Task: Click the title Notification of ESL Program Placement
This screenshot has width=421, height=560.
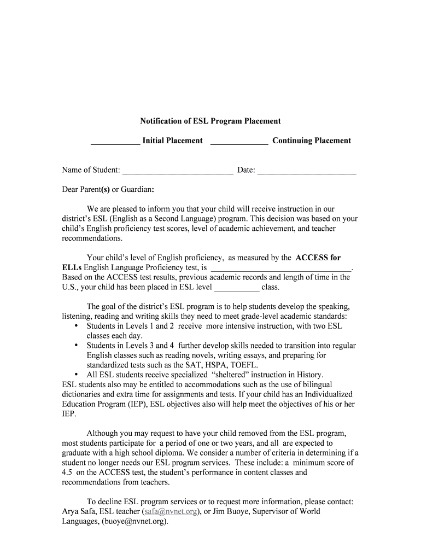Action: click(x=210, y=121)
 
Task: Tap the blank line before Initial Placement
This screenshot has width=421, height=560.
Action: click(x=115, y=144)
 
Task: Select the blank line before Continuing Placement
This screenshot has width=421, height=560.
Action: click(x=239, y=144)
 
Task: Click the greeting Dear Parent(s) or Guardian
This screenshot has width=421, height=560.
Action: click(x=108, y=190)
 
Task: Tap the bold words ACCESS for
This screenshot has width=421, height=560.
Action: click(x=318, y=258)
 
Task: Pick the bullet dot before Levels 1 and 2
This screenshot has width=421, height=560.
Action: click(x=75, y=326)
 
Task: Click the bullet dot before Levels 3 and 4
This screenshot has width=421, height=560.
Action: click(x=75, y=346)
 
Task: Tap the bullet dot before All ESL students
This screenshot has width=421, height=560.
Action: click(x=75, y=375)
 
